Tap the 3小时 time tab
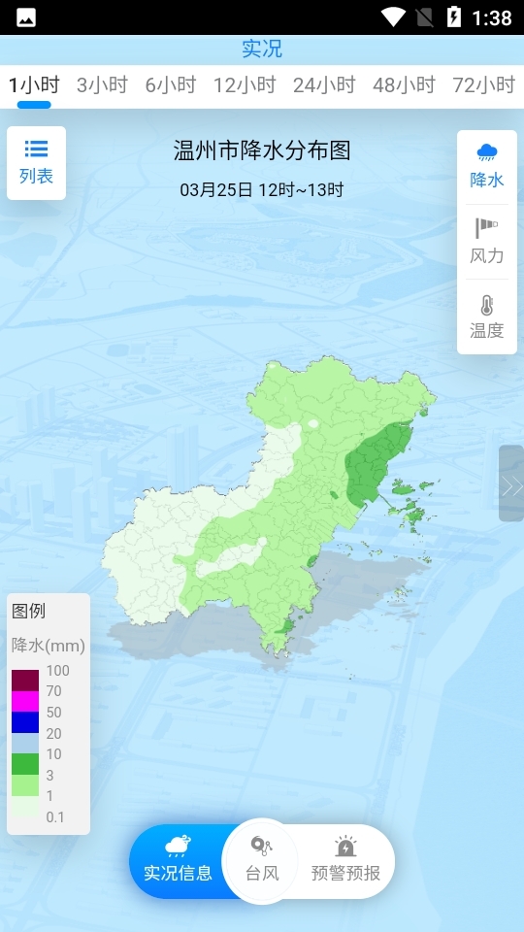[102, 85]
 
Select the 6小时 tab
[171, 85]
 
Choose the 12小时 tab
[246, 85]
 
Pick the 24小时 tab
[325, 85]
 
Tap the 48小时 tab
[405, 85]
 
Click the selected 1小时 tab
[34, 85]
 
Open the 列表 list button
[37, 162]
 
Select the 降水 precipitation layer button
[487, 166]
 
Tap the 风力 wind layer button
[487, 242]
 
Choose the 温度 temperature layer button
[487, 316]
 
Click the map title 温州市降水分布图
[262, 150]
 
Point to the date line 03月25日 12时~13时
[262, 189]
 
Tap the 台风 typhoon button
[262, 861]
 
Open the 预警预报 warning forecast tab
[345, 861]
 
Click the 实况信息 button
[178, 861]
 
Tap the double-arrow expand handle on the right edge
[511, 484]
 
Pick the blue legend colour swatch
[25, 722]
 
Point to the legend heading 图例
[28, 612]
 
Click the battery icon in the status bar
[453, 17]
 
